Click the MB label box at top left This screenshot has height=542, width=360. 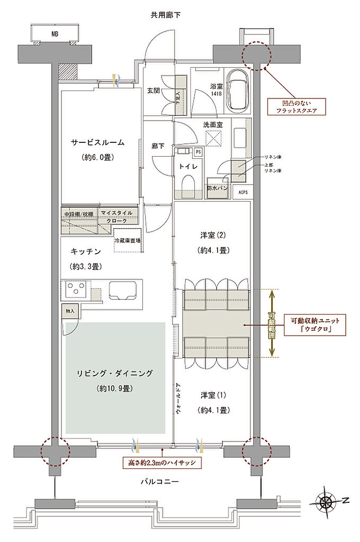(55, 34)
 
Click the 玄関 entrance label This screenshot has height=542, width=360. (154, 91)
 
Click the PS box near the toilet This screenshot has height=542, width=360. (198, 152)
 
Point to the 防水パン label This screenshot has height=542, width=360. (218, 188)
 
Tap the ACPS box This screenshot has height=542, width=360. (243, 192)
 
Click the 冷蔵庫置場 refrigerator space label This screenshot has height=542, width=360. (128, 240)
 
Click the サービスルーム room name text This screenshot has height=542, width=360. (98, 142)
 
